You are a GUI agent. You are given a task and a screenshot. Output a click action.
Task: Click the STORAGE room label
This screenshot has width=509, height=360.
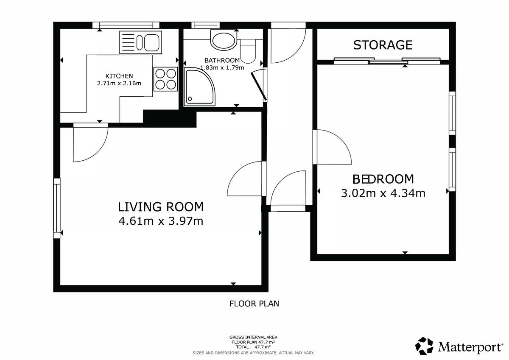(x=383, y=45)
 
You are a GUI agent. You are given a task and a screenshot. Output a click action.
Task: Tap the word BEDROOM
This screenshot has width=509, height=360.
(x=383, y=179)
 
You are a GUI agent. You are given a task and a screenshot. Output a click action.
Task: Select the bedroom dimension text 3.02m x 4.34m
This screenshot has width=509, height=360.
(x=383, y=193)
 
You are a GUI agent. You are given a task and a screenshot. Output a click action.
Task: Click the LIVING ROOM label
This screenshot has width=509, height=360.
(x=161, y=207)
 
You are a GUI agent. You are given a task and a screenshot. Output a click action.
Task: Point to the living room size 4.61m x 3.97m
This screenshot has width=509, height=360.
(x=161, y=221)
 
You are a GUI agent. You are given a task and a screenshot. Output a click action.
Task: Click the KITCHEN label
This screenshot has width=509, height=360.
(x=119, y=76)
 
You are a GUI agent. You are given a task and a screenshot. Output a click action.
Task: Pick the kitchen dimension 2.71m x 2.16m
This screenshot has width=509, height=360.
(x=119, y=83)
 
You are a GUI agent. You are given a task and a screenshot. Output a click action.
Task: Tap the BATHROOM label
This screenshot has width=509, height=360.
(x=222, y=60)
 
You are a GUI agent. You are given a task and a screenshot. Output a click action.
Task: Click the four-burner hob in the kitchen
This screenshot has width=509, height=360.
(x=165, y=79)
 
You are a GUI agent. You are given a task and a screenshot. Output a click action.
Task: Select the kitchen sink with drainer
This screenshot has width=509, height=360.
(x=141, y=42)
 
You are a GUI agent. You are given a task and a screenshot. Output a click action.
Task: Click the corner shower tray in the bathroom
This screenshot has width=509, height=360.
(x=199, y=87)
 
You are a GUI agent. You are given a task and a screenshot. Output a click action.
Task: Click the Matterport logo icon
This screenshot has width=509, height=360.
(x=424, y=346)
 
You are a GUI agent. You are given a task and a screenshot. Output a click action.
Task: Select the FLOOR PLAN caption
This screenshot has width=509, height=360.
(x=254, y=304)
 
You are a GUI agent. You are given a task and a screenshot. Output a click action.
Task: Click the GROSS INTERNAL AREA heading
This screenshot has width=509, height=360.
(x=253, y=337)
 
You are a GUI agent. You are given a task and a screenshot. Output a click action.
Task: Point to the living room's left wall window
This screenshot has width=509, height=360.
(x=57, y=208)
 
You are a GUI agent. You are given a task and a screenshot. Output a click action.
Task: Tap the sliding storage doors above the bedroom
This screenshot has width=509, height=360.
(x=387, y=61)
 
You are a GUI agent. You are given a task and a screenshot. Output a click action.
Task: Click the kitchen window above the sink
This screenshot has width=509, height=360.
(x=126, y=25)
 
